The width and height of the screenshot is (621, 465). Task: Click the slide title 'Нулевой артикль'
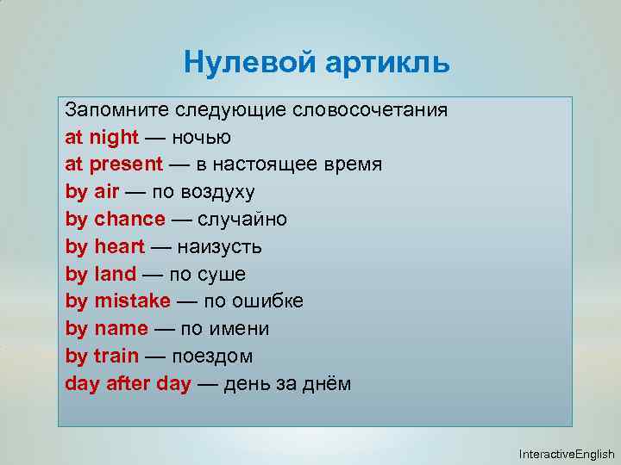pyautogui.click(x=317, y=62)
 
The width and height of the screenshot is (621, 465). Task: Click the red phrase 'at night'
pyautogui.click(x=102, y=137)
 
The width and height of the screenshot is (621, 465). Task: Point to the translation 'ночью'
pyautogui.click(x=201, y=137)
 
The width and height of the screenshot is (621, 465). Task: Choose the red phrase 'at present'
pyautogui.click(x=114, y=164)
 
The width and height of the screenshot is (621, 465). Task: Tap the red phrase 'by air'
pyautogui.click(x=91, y=192)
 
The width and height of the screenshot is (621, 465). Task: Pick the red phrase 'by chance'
pyautogui.click(x=115, y=220)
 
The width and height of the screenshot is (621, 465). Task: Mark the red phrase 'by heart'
pyautogui.click(x=105, y=247)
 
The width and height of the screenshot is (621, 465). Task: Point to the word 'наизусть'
pyautogui.click(x=219, y=247)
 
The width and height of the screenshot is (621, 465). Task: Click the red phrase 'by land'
pyautogui.click(x=101, y=275)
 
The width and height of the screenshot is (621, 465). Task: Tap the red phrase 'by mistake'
pyautogui.click(x=118, y=301)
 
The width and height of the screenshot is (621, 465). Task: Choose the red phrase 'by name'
pyautogui.click(x=106, y=329)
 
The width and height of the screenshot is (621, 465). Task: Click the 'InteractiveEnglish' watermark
pyautogui.click(x=567, y=454)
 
